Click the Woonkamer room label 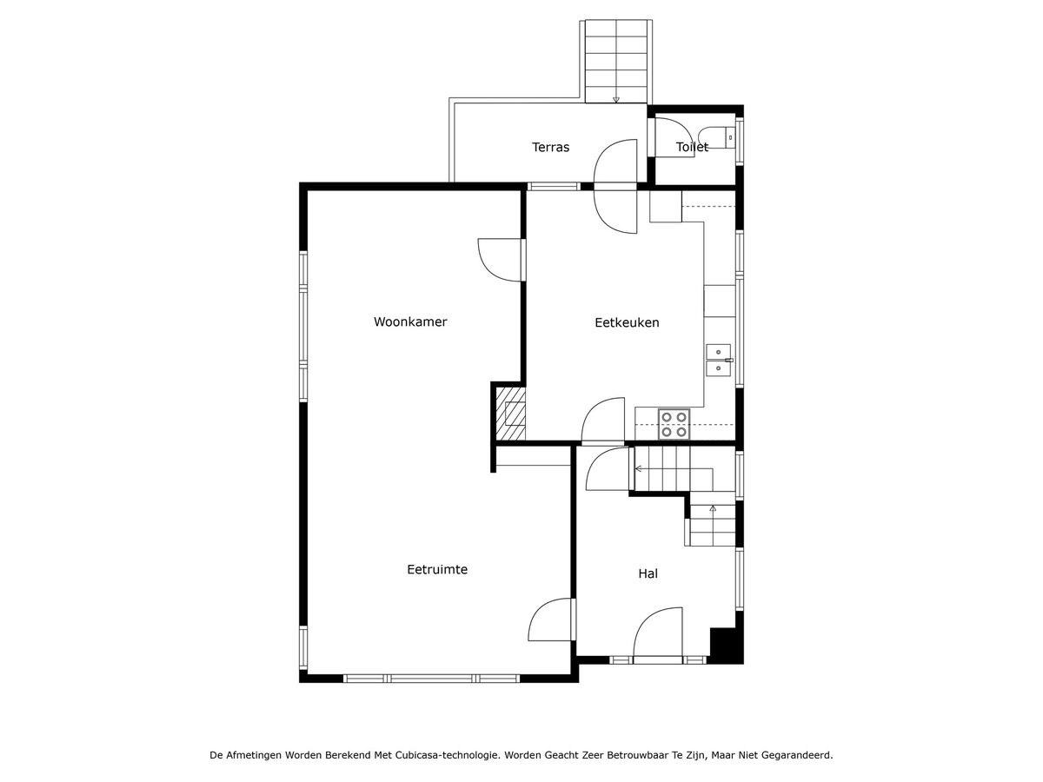tap(410, 321)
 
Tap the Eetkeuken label tap(627, 323)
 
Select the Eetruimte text tap(437, 570)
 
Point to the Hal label tap(648, 573)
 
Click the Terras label tap(550, 147)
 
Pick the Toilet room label tap(692, 147)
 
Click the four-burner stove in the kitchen tap(674, 425)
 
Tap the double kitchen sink tap(719, 361)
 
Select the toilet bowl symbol tap(716, 137)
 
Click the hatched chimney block tap(511, 414)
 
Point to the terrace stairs tap(616, 61)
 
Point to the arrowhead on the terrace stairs tap(616, 100)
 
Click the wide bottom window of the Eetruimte tap(431, 679)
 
